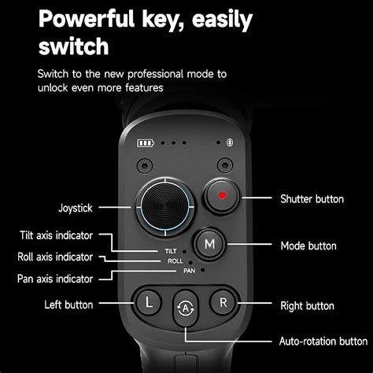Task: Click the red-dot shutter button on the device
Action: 223,196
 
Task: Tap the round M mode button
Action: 210,244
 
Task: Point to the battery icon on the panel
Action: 146,144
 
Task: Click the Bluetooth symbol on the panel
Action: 230,144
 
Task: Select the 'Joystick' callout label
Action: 76,208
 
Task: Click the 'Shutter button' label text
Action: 312,199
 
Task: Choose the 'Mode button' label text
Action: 308,246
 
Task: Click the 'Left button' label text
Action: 69,305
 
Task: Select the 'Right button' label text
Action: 307,305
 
